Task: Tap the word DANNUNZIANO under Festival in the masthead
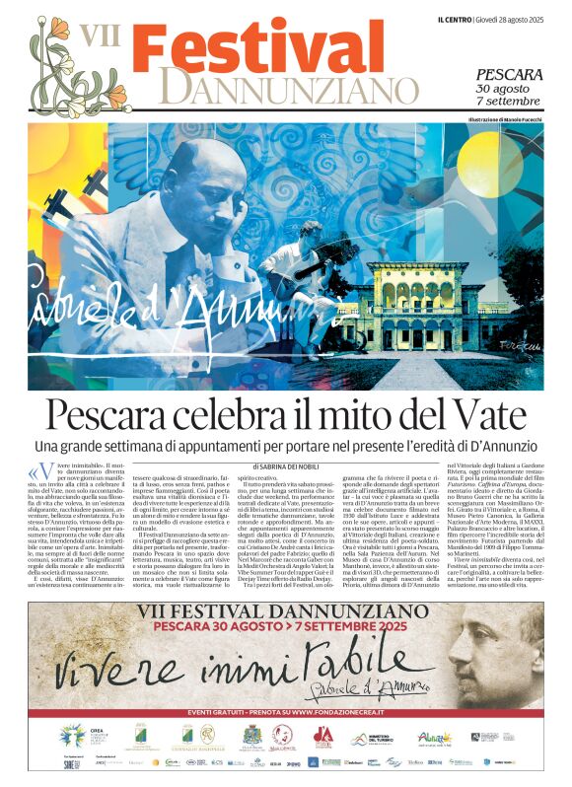tap(276, 90)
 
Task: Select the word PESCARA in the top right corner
tap(509, 75)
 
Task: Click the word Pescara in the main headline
tap(118, 415)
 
